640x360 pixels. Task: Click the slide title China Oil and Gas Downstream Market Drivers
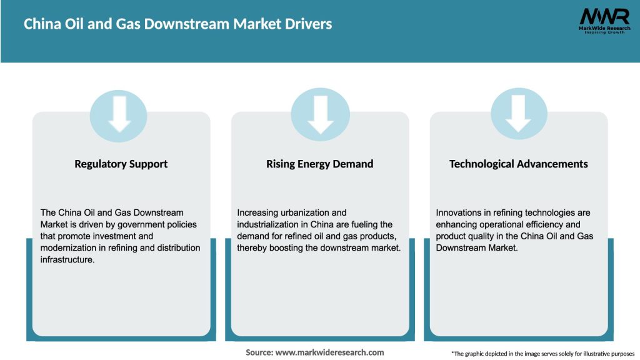178,24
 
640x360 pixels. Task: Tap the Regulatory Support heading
121,164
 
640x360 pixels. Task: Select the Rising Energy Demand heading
319,164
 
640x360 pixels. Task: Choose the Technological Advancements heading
518,164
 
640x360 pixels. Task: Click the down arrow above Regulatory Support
119,113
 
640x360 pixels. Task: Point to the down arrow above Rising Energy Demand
320,113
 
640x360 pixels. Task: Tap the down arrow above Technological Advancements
519,113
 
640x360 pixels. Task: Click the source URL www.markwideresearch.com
329,352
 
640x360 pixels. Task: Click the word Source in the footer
259,352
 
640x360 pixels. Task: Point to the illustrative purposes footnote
542,354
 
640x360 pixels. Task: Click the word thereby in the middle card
252,248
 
